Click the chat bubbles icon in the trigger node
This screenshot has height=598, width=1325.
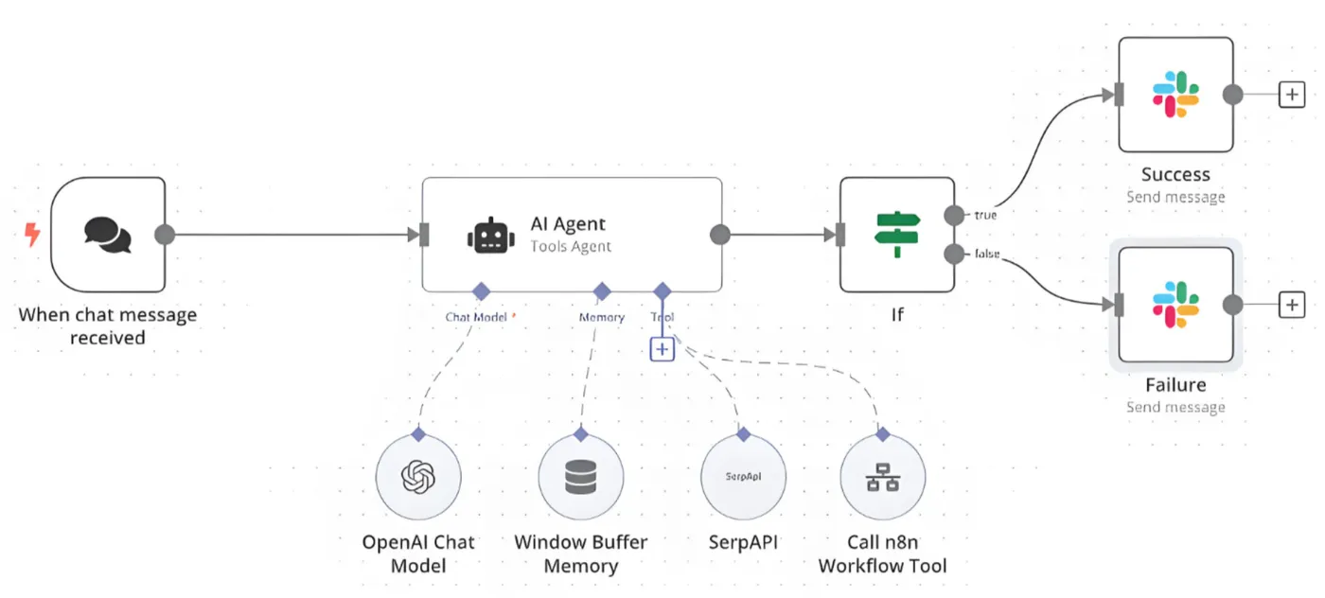click(x=107, y=235)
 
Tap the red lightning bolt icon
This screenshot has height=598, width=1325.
click(x=32, y=234)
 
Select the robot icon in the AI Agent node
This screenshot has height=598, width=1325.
click(x=491, y=235)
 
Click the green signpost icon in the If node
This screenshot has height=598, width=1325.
click(x=897, y=235)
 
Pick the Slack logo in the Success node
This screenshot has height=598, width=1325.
click(x=1175, y=95)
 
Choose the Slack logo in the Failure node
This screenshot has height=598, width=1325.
click(x=1175, y=305)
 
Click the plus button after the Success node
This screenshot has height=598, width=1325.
click(x=1292, y=95)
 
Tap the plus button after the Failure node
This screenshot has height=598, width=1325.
click(x=1292, y=305)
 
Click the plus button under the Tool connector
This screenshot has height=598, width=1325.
click(x=662, y=349)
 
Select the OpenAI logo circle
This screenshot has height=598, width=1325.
click(x=418, y=478)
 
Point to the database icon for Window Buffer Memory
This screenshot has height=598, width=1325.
click(x=580, y=478)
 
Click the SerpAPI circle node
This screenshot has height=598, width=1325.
click(x=743, y=478)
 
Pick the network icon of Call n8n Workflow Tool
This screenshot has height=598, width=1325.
click(x=882, y=478)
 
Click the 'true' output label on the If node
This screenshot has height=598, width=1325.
click(x=985, y=216)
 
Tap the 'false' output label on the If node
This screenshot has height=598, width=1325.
click(x=987, y=254)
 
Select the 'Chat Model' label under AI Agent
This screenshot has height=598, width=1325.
click(x=477, y=318)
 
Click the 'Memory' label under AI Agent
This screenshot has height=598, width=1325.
click(x=602, y=318)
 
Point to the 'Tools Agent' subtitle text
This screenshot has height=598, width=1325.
click(x=571, y=247)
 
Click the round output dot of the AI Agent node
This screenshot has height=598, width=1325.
click(x=720, y=235)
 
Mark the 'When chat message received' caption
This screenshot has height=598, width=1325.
click(x=108, y=325)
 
